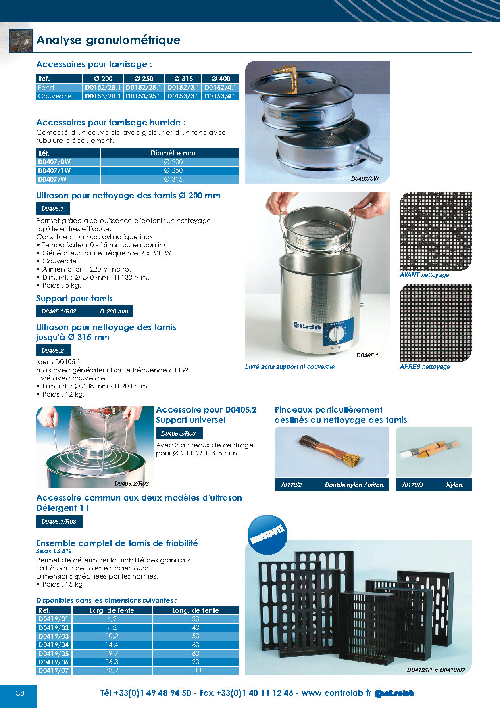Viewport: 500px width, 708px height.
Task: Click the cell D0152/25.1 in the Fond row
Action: tap(144, 88)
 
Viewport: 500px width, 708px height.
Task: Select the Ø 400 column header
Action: tap(220, 79)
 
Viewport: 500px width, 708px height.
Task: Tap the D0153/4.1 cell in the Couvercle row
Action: tap(220, 96)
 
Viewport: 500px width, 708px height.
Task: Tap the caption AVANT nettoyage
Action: tap(424, 275)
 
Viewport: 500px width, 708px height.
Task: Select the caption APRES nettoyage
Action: tap(425, 367)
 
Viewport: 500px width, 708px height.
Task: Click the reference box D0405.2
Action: tap(53, 351)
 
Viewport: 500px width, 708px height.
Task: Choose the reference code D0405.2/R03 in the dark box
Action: tap(179, 434)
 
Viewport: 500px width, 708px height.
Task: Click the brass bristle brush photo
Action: tap(331, 452)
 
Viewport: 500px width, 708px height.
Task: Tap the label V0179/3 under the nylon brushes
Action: tap(412, 485)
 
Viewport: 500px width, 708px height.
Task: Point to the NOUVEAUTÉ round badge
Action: tap(267, 534)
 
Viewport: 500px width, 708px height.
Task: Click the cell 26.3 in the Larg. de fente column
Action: tap(112, 662)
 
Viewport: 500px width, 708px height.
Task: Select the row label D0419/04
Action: tap(54, 645)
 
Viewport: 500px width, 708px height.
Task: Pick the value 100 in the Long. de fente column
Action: tap(196, 670)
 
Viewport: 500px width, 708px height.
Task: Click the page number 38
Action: tap(20, 693)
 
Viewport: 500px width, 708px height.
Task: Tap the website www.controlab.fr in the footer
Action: tap(336, 693)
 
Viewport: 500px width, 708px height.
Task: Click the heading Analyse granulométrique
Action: tap(108, 40)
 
